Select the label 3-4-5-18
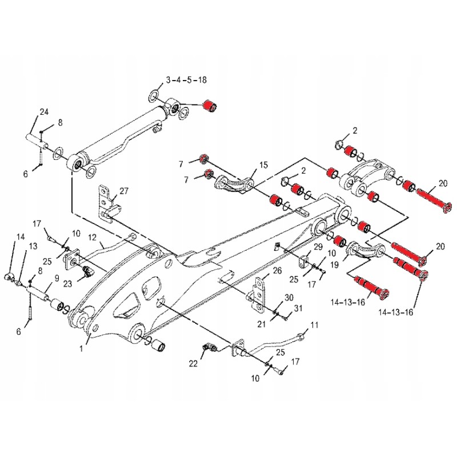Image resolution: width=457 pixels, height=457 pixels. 186,81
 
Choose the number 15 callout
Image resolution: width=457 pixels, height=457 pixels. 263,165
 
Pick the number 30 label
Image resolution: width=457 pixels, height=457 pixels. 289,298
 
